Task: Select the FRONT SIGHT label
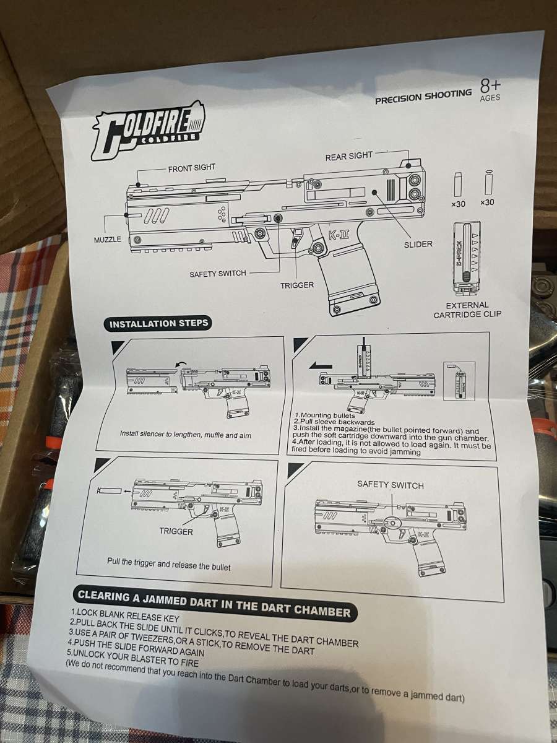tap(191, 168)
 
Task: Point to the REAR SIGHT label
tap(349, 156)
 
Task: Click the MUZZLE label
tap(108, 240)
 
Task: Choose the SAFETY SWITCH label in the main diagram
tap(218, 273)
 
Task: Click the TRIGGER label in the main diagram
tap(297, 285)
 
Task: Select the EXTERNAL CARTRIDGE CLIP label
tap(467, 310)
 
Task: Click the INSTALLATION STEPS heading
tap(159, 323)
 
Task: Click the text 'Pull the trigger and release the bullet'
tap(169, 565)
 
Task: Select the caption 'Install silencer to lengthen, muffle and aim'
tap(186, 434)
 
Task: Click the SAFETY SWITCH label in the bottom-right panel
tap(391, 485)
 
